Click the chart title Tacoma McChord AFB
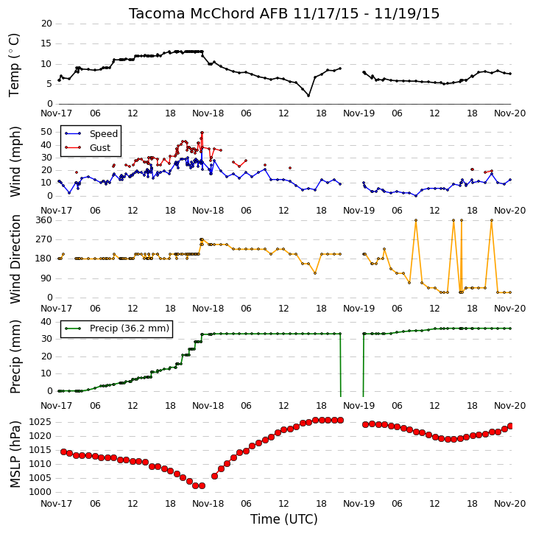pos(208,13)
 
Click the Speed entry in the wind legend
pos(104,134)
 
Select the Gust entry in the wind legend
pos(100,148)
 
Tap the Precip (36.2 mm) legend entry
pos(130,329)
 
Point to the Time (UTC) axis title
pos(284,519)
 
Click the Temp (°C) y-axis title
pos(13,65)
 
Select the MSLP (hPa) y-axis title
pos(15,455)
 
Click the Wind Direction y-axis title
pos(15,259)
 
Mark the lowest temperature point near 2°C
pos(308,96)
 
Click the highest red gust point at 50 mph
pos(202,133)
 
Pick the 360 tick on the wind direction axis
pos(44,220)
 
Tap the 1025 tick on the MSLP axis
pos(40,422)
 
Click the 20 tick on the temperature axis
pos(46,24)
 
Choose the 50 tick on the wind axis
pos(46,132)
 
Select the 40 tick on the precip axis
pos(46,322)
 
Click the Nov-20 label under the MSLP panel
pos(510,503)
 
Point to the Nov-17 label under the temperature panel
pos(56,113)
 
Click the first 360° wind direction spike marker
pos(416,220)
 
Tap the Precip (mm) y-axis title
pos(15,357)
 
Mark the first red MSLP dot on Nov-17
pos(63,452)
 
